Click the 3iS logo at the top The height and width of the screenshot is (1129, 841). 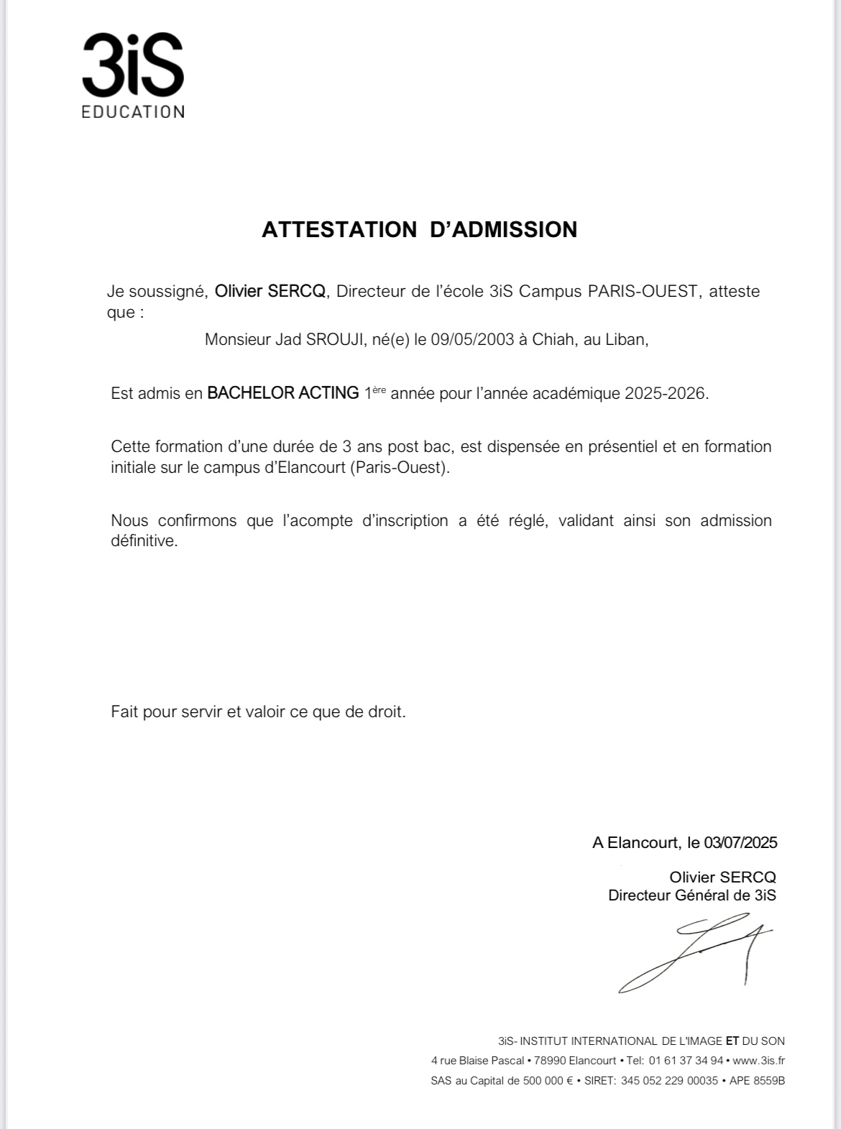point(133,65)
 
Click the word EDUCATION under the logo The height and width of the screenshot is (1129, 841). point(133,112)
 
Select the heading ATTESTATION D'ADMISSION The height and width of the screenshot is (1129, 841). point(419,229)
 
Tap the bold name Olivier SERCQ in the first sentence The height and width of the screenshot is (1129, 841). point(270,291)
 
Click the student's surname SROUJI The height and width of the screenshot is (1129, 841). point(335,339)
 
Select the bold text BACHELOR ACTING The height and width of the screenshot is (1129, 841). point(283,393)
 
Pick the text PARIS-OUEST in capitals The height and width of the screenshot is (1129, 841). point(643,291)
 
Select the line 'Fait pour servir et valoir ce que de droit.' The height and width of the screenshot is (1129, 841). point(258,711)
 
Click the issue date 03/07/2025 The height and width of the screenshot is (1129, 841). point(740,842)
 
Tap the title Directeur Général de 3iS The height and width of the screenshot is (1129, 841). point(691,895)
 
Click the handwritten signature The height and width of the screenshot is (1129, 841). point(694,952)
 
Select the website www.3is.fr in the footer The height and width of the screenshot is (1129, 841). point(758,1061)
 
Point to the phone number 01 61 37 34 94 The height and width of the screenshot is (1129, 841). point(686,1061)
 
